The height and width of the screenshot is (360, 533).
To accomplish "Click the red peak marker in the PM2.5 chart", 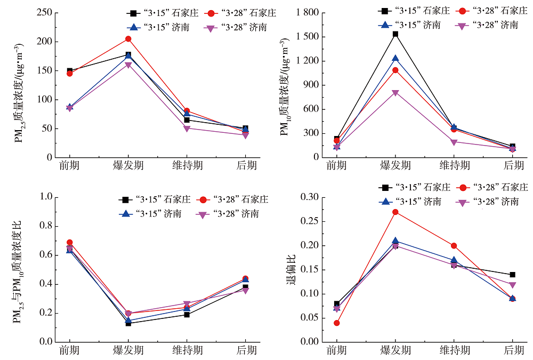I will click(128, 39).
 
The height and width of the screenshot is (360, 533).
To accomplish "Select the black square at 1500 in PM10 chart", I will click(395, 34).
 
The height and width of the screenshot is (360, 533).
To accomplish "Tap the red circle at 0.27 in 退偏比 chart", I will click(395, 212).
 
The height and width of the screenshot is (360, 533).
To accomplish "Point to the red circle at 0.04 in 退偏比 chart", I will click(336, 323).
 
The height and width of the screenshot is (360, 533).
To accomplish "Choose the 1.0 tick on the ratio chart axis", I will click(46, 197).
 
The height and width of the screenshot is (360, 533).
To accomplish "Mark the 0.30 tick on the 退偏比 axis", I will click(308, 197).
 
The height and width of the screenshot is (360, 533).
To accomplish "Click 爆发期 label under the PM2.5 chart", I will click(128, 166).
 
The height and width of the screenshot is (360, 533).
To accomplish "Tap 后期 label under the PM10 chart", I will click(513, 166).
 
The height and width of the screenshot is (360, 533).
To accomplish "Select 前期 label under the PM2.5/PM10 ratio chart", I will click(69, 350).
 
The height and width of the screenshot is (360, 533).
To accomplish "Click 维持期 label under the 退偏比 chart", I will click(454, 350).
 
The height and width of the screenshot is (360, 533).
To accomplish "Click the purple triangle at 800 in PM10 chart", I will click(395, 93).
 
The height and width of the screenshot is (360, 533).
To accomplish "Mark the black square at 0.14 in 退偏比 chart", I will click(513, 275).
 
